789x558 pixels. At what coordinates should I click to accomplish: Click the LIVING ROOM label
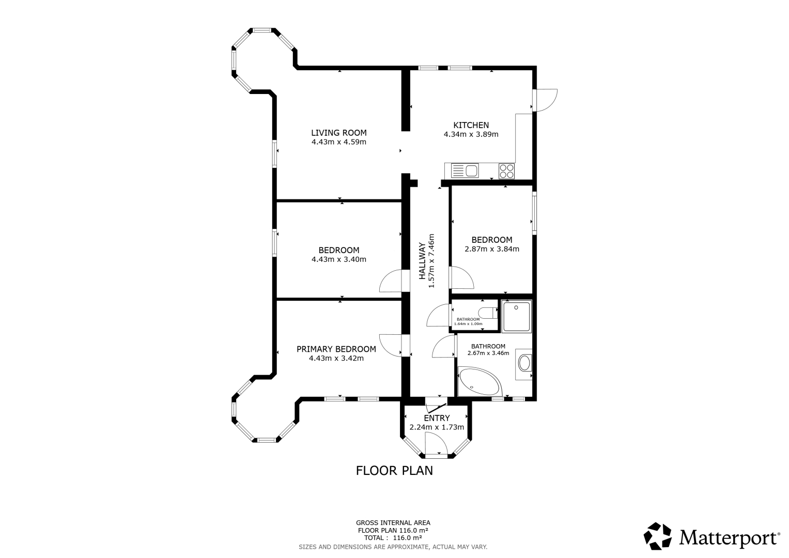click(x=339, y=133)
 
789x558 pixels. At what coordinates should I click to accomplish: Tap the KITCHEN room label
click(x=471, y=125)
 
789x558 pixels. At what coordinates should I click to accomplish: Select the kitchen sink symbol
click(x=465, y=171)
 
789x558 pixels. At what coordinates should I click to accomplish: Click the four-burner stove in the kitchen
click(x=506, y=171)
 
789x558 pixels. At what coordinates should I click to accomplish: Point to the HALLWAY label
click(x=422, y=261)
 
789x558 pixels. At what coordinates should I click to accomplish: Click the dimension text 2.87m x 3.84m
click(x=492, y=249)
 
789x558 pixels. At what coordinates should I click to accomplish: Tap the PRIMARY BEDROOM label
click(x=336, y=349)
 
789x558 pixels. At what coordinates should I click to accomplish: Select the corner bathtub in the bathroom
click(x=479, y=382)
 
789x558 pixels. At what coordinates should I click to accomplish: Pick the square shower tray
click(x=516, y=316)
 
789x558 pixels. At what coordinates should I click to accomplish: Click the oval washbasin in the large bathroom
click(x=524, y=363)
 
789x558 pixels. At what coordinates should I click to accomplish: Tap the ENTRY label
click(x=437, y=418)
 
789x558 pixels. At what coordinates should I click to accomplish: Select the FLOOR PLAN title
click(x=394, y=471)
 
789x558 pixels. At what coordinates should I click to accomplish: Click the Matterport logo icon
click(x=658, y=536)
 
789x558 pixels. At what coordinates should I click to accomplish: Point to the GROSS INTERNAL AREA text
click(x=393, y=523)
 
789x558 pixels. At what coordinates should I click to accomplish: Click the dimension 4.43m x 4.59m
click(x=339, y=142)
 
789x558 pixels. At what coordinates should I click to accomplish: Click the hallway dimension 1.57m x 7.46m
click(x=431, y=261)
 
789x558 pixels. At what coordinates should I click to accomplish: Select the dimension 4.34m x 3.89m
click(x=471, y=134)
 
